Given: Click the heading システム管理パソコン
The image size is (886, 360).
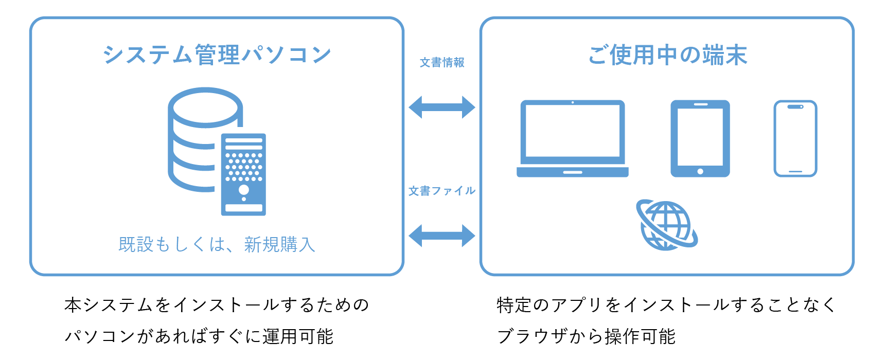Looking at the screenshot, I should pos(216,55).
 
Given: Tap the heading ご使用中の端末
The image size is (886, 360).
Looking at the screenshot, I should pos(667,55).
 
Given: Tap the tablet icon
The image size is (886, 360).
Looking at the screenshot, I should pos(700,138).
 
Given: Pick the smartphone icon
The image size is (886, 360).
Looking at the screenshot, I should pos(795,138).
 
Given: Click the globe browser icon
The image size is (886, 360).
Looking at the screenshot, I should pos(666,225).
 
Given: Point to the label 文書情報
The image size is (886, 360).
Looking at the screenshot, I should pos(441,63).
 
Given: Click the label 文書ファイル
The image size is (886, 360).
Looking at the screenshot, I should pos(441,191).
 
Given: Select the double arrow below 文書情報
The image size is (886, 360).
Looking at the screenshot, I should pos(441,107).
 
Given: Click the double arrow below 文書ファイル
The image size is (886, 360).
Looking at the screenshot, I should pos(441,236).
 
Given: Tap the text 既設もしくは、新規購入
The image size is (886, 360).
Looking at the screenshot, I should pos(216,244).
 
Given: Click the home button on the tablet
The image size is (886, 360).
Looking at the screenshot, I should pos(700,171).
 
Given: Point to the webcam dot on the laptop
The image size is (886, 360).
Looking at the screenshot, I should pos(572,102).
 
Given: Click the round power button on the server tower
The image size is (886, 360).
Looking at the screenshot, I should pos(244,189).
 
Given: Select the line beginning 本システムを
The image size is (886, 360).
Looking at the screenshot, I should pos(216,305).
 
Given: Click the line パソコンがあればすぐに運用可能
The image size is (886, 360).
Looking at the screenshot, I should pos(199,336).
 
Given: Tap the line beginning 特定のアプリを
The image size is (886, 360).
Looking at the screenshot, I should pos(666,305).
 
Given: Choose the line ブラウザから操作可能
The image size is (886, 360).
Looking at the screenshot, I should pos(586,336).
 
